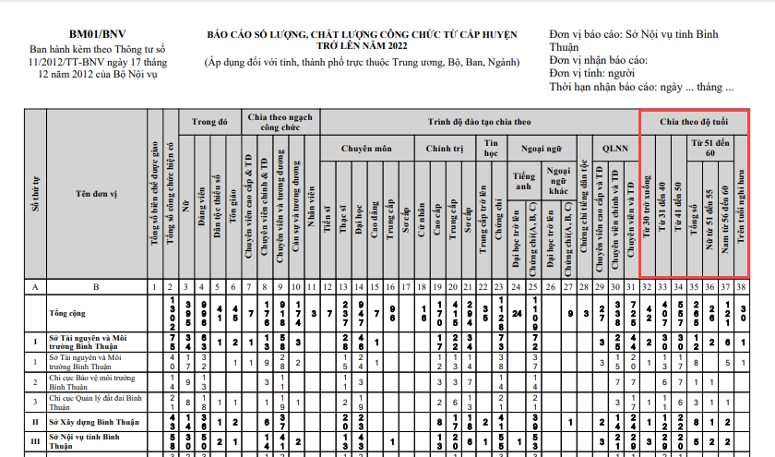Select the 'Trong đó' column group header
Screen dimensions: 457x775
pos(209,121)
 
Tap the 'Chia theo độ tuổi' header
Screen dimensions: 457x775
pos(693,121)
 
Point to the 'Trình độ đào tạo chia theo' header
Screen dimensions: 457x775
pos(479,121)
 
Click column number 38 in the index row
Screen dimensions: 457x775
pos(742,288)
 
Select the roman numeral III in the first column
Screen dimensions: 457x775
pos(35,441)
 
